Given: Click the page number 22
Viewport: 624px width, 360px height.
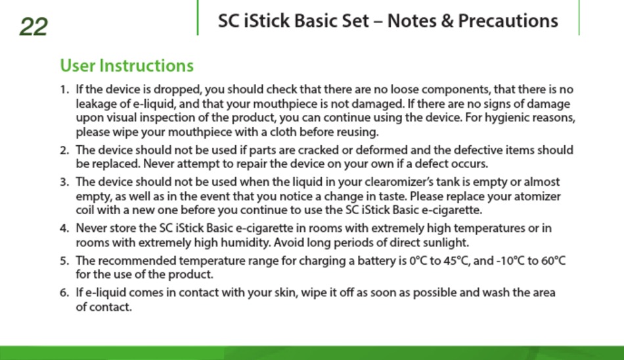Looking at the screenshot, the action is pyautogui.click(x=33, y=27).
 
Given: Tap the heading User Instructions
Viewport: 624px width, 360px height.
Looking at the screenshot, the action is pyautogui.click(x=127, y=66).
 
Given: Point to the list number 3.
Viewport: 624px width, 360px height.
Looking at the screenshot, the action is pyautogui.click(x=64, y=182).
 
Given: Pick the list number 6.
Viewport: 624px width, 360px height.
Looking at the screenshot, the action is pyautogui.click(x=64, y=293).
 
